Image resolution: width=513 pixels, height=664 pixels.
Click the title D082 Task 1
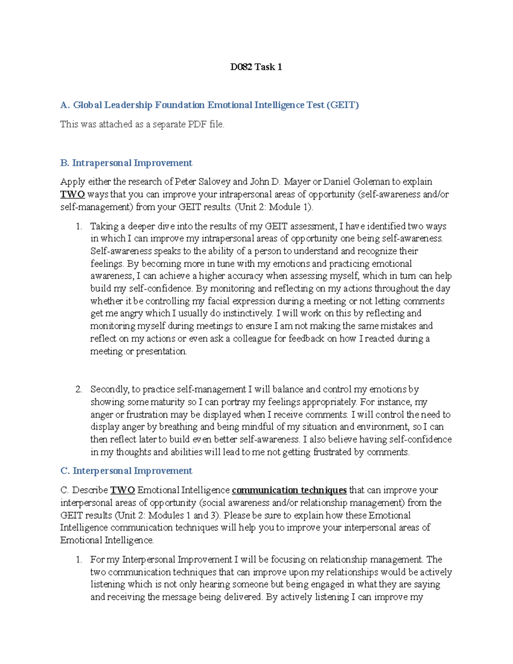[x=256, y=67]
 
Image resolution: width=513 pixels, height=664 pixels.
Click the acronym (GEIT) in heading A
[x=342, y=105]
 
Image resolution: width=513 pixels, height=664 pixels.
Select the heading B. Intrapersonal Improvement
[x=126, y=163]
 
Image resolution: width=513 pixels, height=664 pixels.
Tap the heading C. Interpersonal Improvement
[x=126, y=471]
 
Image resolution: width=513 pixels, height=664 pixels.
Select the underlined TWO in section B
[x=72, y=195]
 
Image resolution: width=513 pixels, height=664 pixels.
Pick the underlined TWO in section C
[x=123, y=490]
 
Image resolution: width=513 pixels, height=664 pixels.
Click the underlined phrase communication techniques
[x=289, y=490]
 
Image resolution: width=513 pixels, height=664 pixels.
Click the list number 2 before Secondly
[x=79, y=390]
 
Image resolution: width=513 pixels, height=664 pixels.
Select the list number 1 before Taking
[x=79, y=227]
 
